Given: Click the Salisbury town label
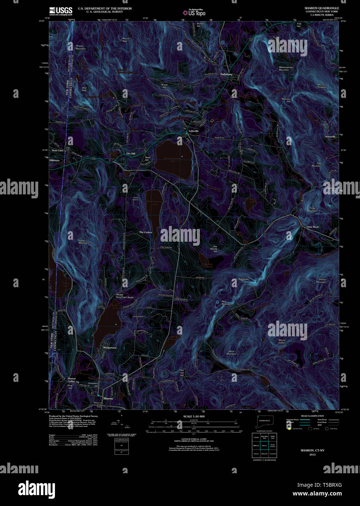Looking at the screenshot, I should coord(226,74).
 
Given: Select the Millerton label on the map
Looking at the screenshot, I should coord(55,160).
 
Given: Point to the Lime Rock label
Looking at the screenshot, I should coord(312,227).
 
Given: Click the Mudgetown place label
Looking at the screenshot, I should coord(110,348).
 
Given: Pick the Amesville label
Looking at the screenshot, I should coord(330,137).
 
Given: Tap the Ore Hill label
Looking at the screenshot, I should coord(131,154).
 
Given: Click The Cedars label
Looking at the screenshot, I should coord(146,232).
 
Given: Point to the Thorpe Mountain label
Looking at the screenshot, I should coord(80,47).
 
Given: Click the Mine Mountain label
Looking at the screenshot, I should coord(232,353).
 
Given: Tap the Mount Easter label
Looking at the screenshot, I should coord(282,341).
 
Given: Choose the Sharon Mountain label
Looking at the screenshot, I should coord(321,281).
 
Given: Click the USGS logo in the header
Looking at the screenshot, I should coord(61,11).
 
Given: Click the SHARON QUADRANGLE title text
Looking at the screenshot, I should coord(321,8).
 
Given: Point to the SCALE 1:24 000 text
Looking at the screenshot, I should coord(194,416).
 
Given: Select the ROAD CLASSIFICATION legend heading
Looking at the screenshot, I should coord(312,416).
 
